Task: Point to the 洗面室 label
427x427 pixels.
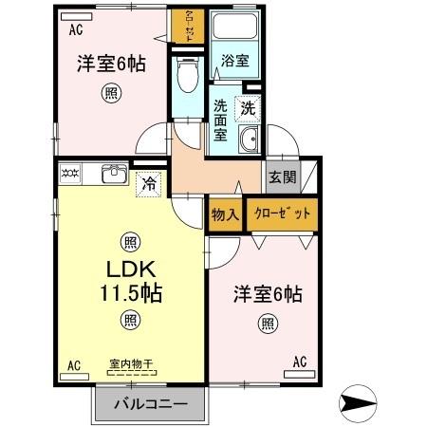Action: click(x=221, y=121)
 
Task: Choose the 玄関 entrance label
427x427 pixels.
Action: click(x=281, y=176)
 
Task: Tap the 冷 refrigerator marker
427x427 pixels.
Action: click(x=149, y=184)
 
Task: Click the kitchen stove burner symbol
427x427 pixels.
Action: click(x=71, y=174)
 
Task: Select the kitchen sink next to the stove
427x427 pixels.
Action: click(x=114, y=174)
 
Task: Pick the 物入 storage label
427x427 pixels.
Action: click(x=225, y=214)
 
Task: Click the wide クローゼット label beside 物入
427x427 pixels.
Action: click(x=282, y=213)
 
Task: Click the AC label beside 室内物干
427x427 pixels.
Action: click(x=73, y=364)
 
